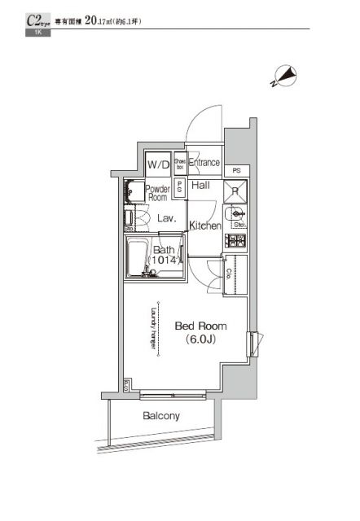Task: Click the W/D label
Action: click(158, 165)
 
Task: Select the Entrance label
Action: click(204, 163)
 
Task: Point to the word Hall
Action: click(201, 186)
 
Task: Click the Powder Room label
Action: click(157, 193)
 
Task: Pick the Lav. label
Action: click(167, 218)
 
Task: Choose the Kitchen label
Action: click(205, 225)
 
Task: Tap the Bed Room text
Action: click(200, 326)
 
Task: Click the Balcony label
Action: click(161, 416)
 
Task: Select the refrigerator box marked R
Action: click(235, 192)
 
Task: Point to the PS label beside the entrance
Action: click(235, 171)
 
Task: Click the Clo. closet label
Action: click(230, 273)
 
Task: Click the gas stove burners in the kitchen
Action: click(236, 240)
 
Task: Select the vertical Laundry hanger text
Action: click(152, 327)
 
